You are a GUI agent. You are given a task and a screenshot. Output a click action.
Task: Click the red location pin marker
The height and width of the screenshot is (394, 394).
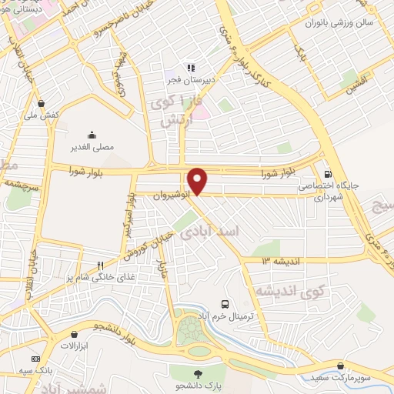coord(198,180)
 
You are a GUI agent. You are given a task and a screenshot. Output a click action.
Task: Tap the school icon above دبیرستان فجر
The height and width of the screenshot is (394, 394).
coord(188,68)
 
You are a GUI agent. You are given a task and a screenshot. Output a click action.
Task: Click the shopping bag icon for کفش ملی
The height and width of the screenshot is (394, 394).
coord(41,103)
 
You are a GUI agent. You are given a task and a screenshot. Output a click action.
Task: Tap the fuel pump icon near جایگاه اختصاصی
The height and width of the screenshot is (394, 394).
coord(329,174)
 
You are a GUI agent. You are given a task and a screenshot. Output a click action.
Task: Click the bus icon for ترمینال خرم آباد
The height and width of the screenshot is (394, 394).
coord(225,304)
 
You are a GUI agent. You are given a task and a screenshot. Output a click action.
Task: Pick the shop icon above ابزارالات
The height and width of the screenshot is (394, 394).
coord(74,335)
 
